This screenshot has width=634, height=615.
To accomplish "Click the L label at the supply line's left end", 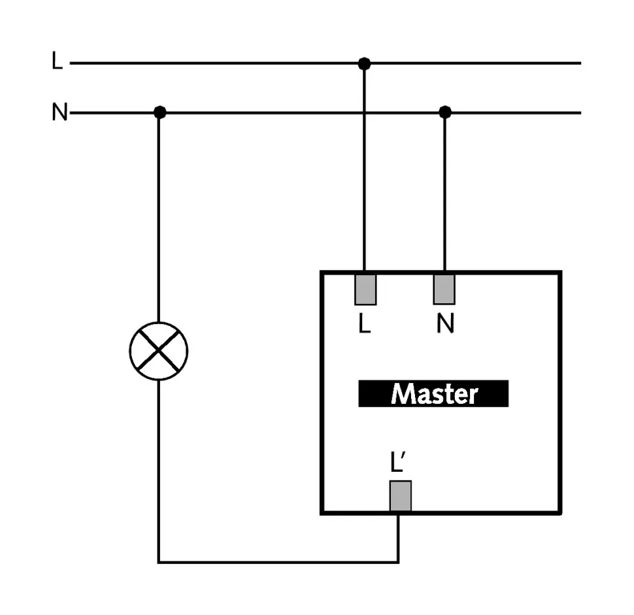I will coord(58,62).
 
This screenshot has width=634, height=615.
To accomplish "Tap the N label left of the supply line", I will coord(59,113).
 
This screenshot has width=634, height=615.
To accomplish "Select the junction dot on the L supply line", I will coord(365,63).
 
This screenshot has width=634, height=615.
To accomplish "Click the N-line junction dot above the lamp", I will coord(159,112).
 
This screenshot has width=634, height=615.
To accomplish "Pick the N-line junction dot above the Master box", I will coord(445,112).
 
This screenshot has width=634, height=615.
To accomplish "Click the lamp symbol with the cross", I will coord(159,351).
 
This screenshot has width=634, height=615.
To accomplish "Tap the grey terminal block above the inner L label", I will coord(365,289).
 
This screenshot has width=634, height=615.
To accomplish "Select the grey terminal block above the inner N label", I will coord(444,289).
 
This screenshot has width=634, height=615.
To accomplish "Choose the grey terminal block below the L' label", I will coord(400,496).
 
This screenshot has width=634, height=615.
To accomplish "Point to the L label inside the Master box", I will coord(365,325).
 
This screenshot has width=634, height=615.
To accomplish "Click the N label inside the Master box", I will coord(445,325).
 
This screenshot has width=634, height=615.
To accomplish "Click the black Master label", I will coord(433,394).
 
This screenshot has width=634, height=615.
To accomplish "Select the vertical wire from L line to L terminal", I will coord(365,170).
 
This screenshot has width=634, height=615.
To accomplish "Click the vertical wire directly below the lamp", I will coord(159,471).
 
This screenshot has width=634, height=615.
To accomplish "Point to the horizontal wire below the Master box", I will coord(278,561).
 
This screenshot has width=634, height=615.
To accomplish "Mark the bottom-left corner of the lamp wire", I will coord(159,561).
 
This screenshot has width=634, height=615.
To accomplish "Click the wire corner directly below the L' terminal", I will coord(398,561).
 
